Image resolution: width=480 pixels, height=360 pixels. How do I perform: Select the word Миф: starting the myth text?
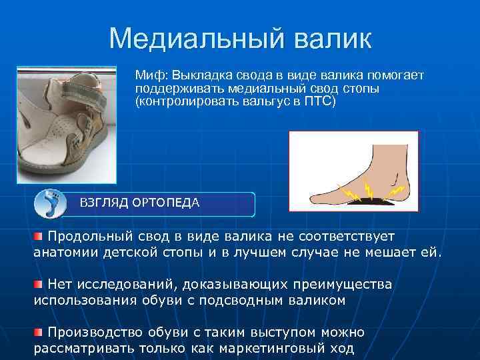(152, 75)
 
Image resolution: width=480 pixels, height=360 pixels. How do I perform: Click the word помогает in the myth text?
(395, 75)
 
